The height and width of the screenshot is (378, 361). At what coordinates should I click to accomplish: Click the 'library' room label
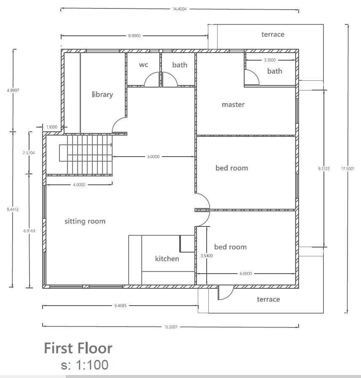pyautogui.click(x=102, y=94)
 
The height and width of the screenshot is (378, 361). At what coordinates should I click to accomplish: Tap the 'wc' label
pyautogui.click(x=143, y=64)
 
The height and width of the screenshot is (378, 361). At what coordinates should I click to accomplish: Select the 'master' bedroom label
pyautogui.click(x=233, y=104)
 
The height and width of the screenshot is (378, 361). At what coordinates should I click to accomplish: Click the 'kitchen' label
pyautogui.click(x=167, y=259)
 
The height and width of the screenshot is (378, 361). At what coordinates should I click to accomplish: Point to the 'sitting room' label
pyautogui.click(x=85, y=221)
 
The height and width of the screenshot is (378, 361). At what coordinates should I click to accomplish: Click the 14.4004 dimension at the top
pyautogui.click(x=180, y=9)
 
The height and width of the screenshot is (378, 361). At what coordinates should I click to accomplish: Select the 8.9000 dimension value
pyautogui.click(x=134, y=36)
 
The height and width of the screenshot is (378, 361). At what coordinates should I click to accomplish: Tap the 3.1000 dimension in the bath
pyautogui.click(x=270, y=60)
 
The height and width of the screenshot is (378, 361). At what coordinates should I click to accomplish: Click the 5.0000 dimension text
pyautogui.click(x=154, y=157)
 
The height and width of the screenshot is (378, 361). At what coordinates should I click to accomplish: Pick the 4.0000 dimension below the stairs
pyautogui.click(x=79, y=185)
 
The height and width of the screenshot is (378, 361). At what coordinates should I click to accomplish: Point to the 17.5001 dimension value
pyautogui.click(x=348, y=169)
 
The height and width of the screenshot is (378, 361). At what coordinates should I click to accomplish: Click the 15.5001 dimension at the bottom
pyautogui.click(x=171, y=327)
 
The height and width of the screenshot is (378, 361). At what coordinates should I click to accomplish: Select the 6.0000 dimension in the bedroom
pyautogui.click(x=246, y=274)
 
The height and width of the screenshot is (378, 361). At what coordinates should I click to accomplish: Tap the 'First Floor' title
pyautogui.click(x=78, y=348)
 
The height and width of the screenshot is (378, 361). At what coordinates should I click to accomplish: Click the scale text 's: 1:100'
pyautogui.click(x=84, y=365)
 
